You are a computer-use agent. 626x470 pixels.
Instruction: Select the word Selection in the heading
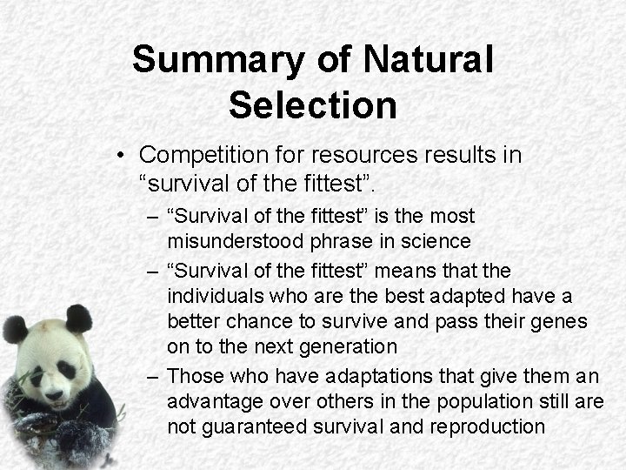point(313,105)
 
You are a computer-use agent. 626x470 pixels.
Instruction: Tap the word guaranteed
point(263,427)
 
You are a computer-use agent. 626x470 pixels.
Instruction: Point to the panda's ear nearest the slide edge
point(14,329)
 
